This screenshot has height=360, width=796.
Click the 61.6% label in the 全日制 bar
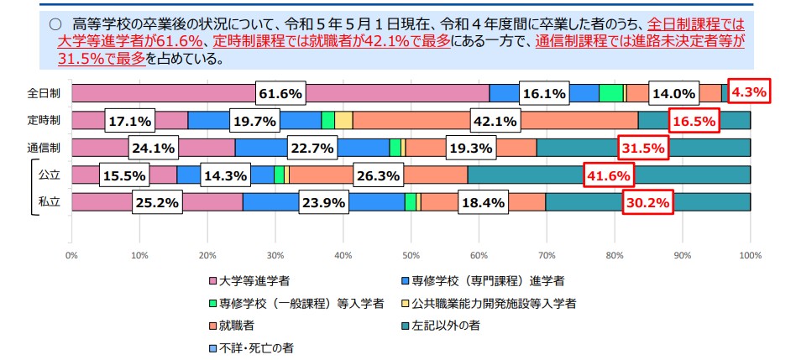[x=280, y=94]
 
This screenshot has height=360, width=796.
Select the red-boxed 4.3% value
[x=748, y=93]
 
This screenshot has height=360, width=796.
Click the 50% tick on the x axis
[x=411, y=253]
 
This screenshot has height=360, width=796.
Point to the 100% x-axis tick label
[x=750, y=253]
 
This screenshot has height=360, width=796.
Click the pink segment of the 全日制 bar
[x=168, y=94]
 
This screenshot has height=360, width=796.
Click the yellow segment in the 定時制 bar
[x=343, y=121]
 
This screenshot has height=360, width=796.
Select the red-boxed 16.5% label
[x=694, y=121]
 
